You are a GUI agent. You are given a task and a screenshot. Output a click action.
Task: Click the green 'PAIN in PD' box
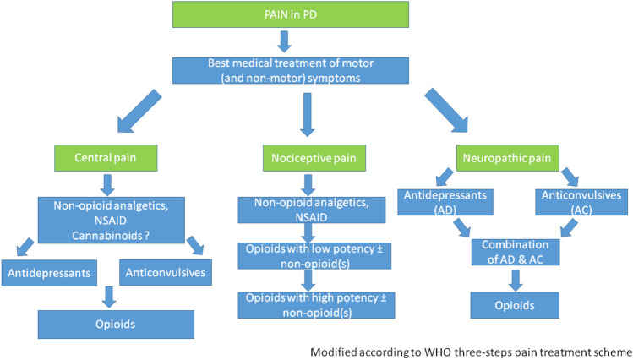click(303, 15)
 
